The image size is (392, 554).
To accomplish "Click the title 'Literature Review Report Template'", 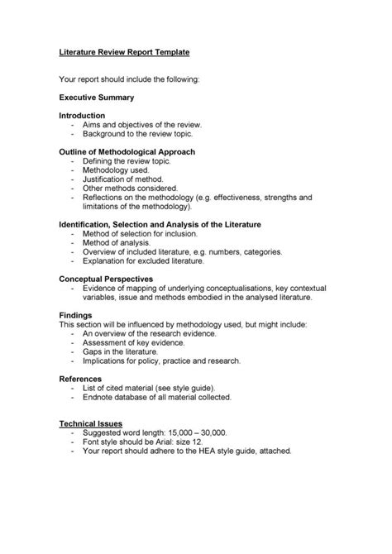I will [124, 51].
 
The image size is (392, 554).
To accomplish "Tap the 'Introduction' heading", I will [82, 115].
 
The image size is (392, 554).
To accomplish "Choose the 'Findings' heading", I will [75, 315].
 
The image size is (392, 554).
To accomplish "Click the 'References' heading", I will [80, 378].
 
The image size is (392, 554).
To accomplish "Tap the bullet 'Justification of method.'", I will [123, 179].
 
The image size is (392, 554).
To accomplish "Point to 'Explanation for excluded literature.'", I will [142, 260].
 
